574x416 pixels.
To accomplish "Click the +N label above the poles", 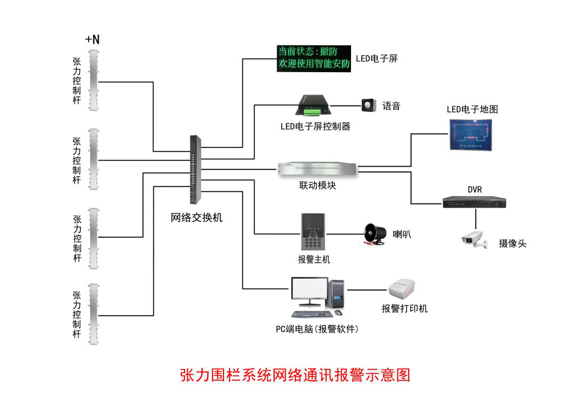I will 92,39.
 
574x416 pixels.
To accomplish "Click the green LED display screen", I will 314,59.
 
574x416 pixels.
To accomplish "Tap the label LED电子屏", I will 377,59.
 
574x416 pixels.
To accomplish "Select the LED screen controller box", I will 312,105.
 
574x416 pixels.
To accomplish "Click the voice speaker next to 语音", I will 369,105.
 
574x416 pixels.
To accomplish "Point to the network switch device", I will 195,169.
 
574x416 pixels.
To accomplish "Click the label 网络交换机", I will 196,218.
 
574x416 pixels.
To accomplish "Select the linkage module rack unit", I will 318,169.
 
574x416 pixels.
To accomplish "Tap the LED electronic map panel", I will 470,135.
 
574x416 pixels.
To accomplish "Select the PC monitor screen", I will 309,290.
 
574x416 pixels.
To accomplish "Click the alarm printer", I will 401,290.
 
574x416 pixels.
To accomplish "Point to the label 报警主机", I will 314,260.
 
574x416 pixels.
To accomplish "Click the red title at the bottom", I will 295,374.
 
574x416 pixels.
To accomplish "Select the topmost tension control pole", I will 94,80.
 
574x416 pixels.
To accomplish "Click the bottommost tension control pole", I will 94,314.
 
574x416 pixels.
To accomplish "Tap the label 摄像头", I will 512,244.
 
